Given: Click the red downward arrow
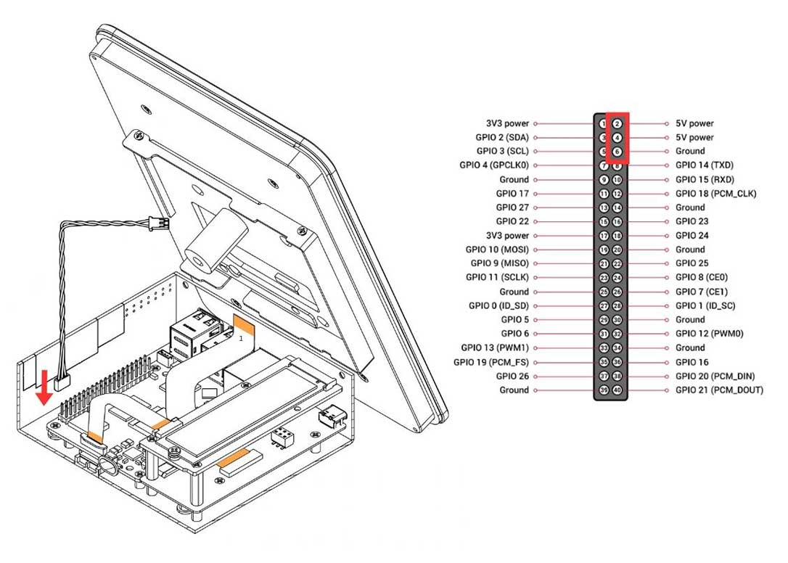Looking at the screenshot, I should pos(44,387).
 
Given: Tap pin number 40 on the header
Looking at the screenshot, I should pos(617,390).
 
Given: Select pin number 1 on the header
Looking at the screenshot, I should pos(604,123).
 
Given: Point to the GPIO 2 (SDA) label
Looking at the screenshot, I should pos(502,137).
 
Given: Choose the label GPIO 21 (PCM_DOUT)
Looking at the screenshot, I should pos(719,390).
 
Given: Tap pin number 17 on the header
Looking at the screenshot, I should pos(604,236).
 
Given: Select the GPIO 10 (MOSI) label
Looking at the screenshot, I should pos(497,250).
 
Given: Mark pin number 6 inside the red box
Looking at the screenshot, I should pos(617,152).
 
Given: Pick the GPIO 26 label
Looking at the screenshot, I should pos(512,376).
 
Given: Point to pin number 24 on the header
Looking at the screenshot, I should pos(617,278).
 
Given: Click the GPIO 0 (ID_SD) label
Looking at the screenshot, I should pos(498,305).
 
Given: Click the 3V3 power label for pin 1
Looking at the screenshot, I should pos(507,123).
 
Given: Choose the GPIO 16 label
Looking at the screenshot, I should pos(691,362).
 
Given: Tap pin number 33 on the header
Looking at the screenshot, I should pos(604,348).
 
